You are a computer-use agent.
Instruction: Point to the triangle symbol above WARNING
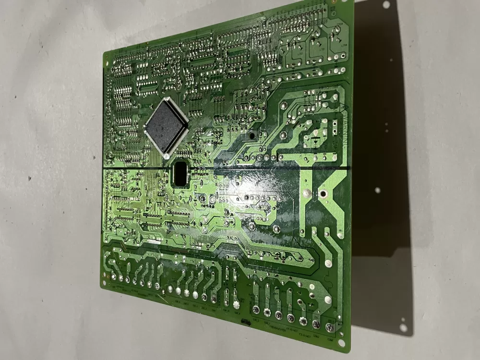click(x=342, y=108)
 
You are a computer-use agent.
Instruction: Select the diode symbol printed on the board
click(x=315, y=141)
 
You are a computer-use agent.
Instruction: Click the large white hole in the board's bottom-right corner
click(x=341, y=343)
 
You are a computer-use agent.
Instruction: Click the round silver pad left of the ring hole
click(x=306, y=193)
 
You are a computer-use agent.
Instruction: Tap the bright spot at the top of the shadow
click(x=386, y=5)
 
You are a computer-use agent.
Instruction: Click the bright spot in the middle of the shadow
click(x=377, y=190)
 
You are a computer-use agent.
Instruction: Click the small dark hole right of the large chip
click(x=250, y=136)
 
